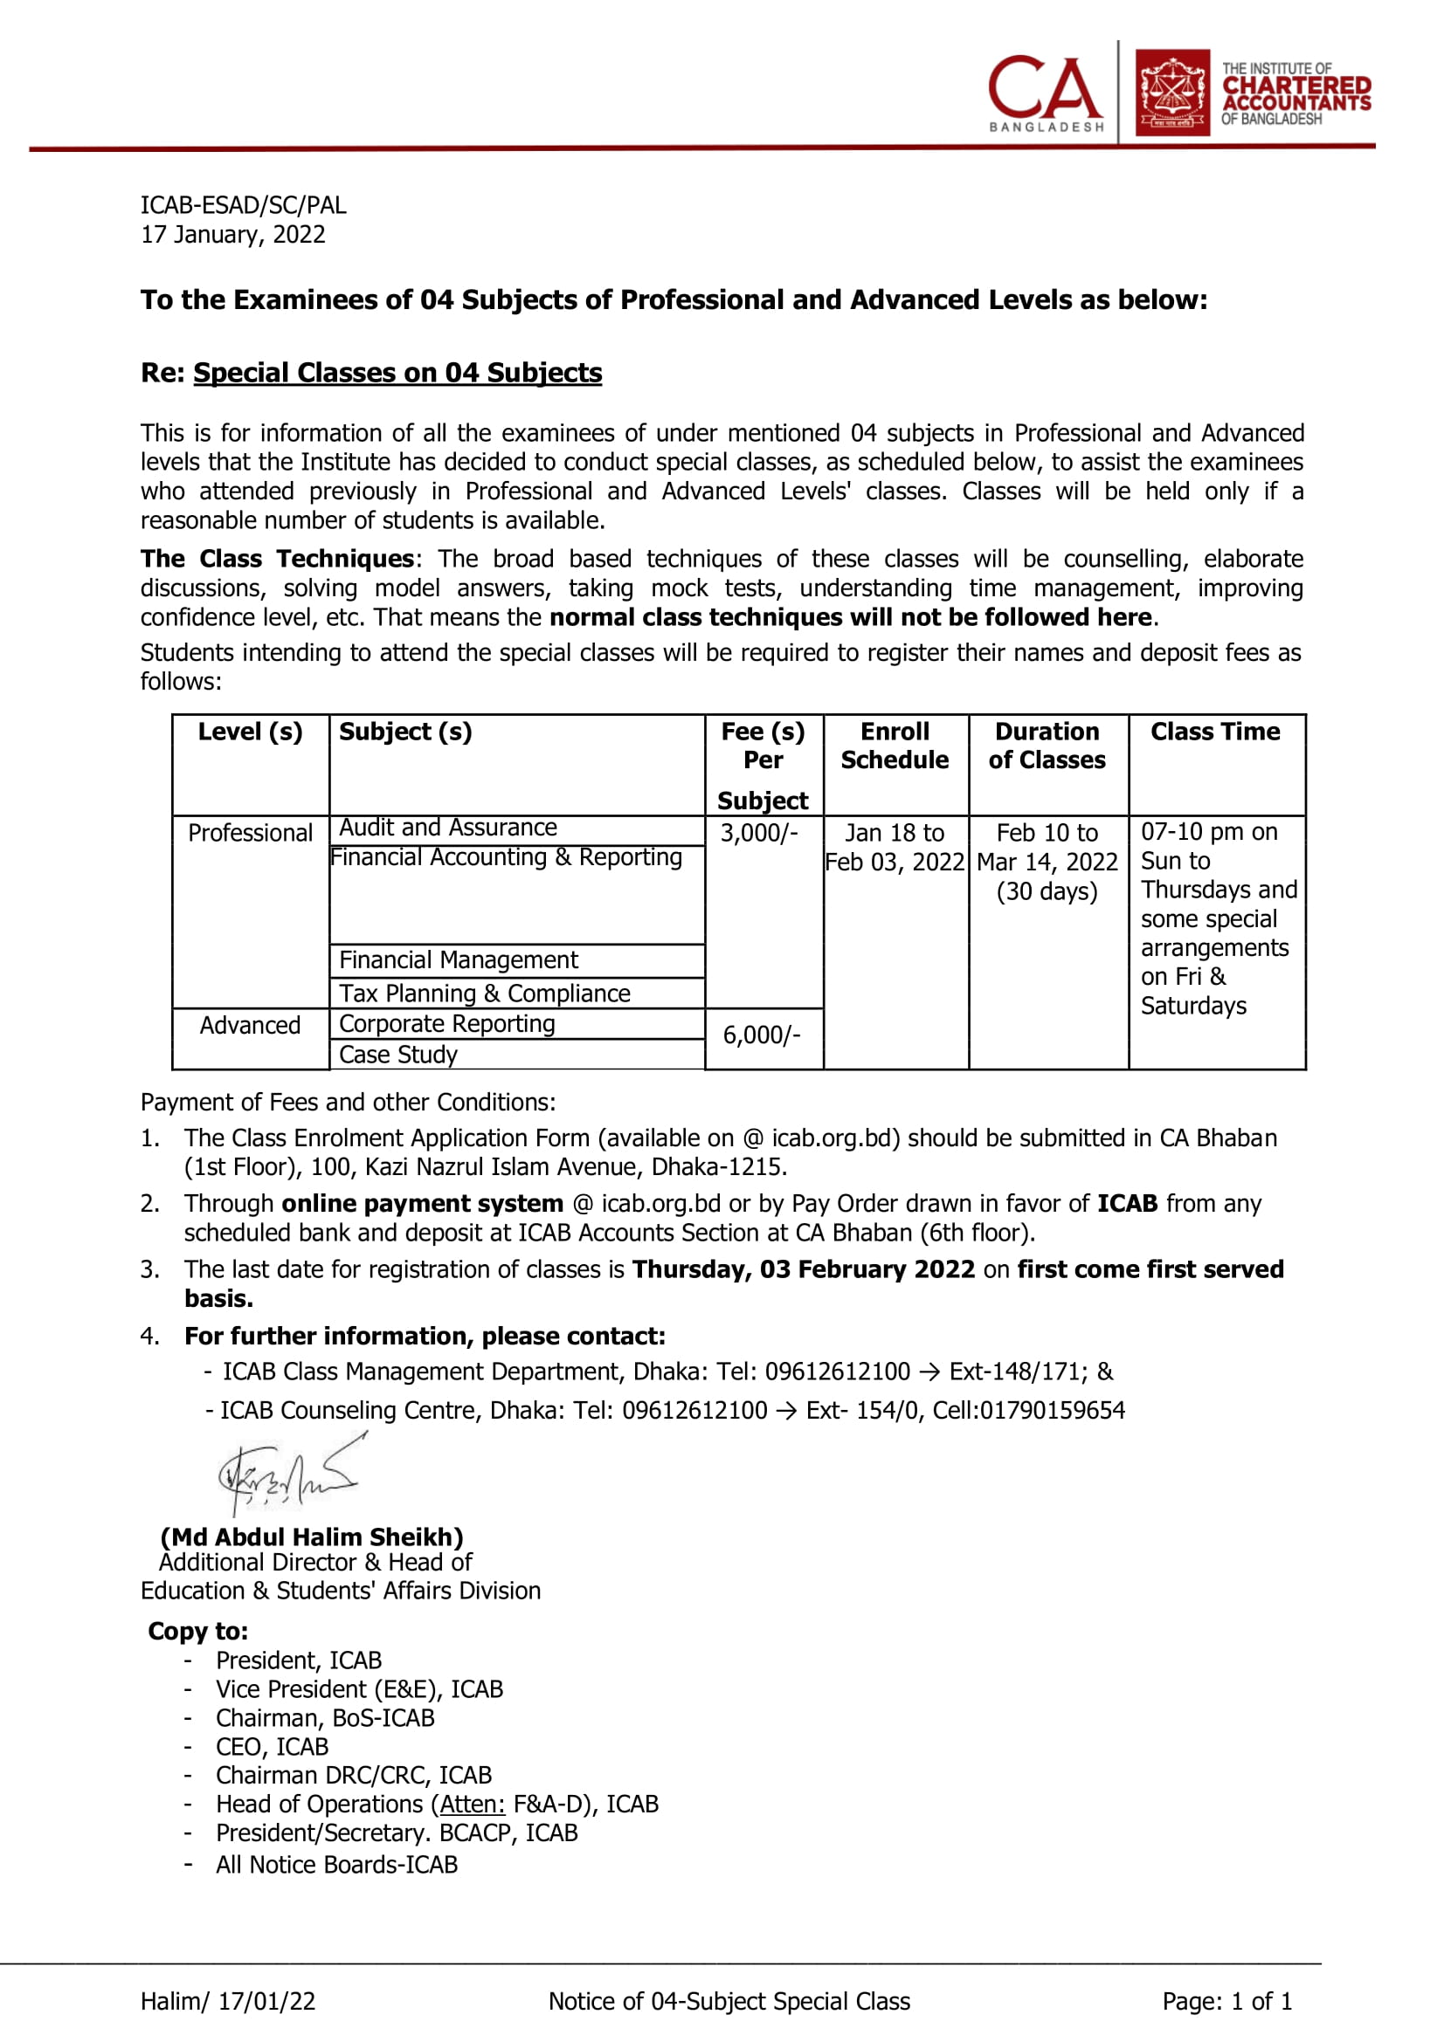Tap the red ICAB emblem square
click(1171, 93)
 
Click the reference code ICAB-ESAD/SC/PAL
click(243, 205)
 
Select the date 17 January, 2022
click(233, 235)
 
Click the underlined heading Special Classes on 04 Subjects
click(397, 373)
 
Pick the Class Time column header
click(1214, 732)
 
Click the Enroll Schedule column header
click(895, 746)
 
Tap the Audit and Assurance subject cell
click(447, 828)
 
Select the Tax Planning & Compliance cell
click(484, 993)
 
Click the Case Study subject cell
click(397, 1055)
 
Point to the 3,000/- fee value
click(759, 834)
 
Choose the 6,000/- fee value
click(762, 1035)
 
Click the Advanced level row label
click(250, 1026)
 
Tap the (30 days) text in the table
click(1047, 891)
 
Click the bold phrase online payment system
click(422, 1204)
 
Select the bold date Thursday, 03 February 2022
click(804, 1269)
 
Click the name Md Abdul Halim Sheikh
click(311, 1537)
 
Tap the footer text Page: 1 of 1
click(1226, 2001)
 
